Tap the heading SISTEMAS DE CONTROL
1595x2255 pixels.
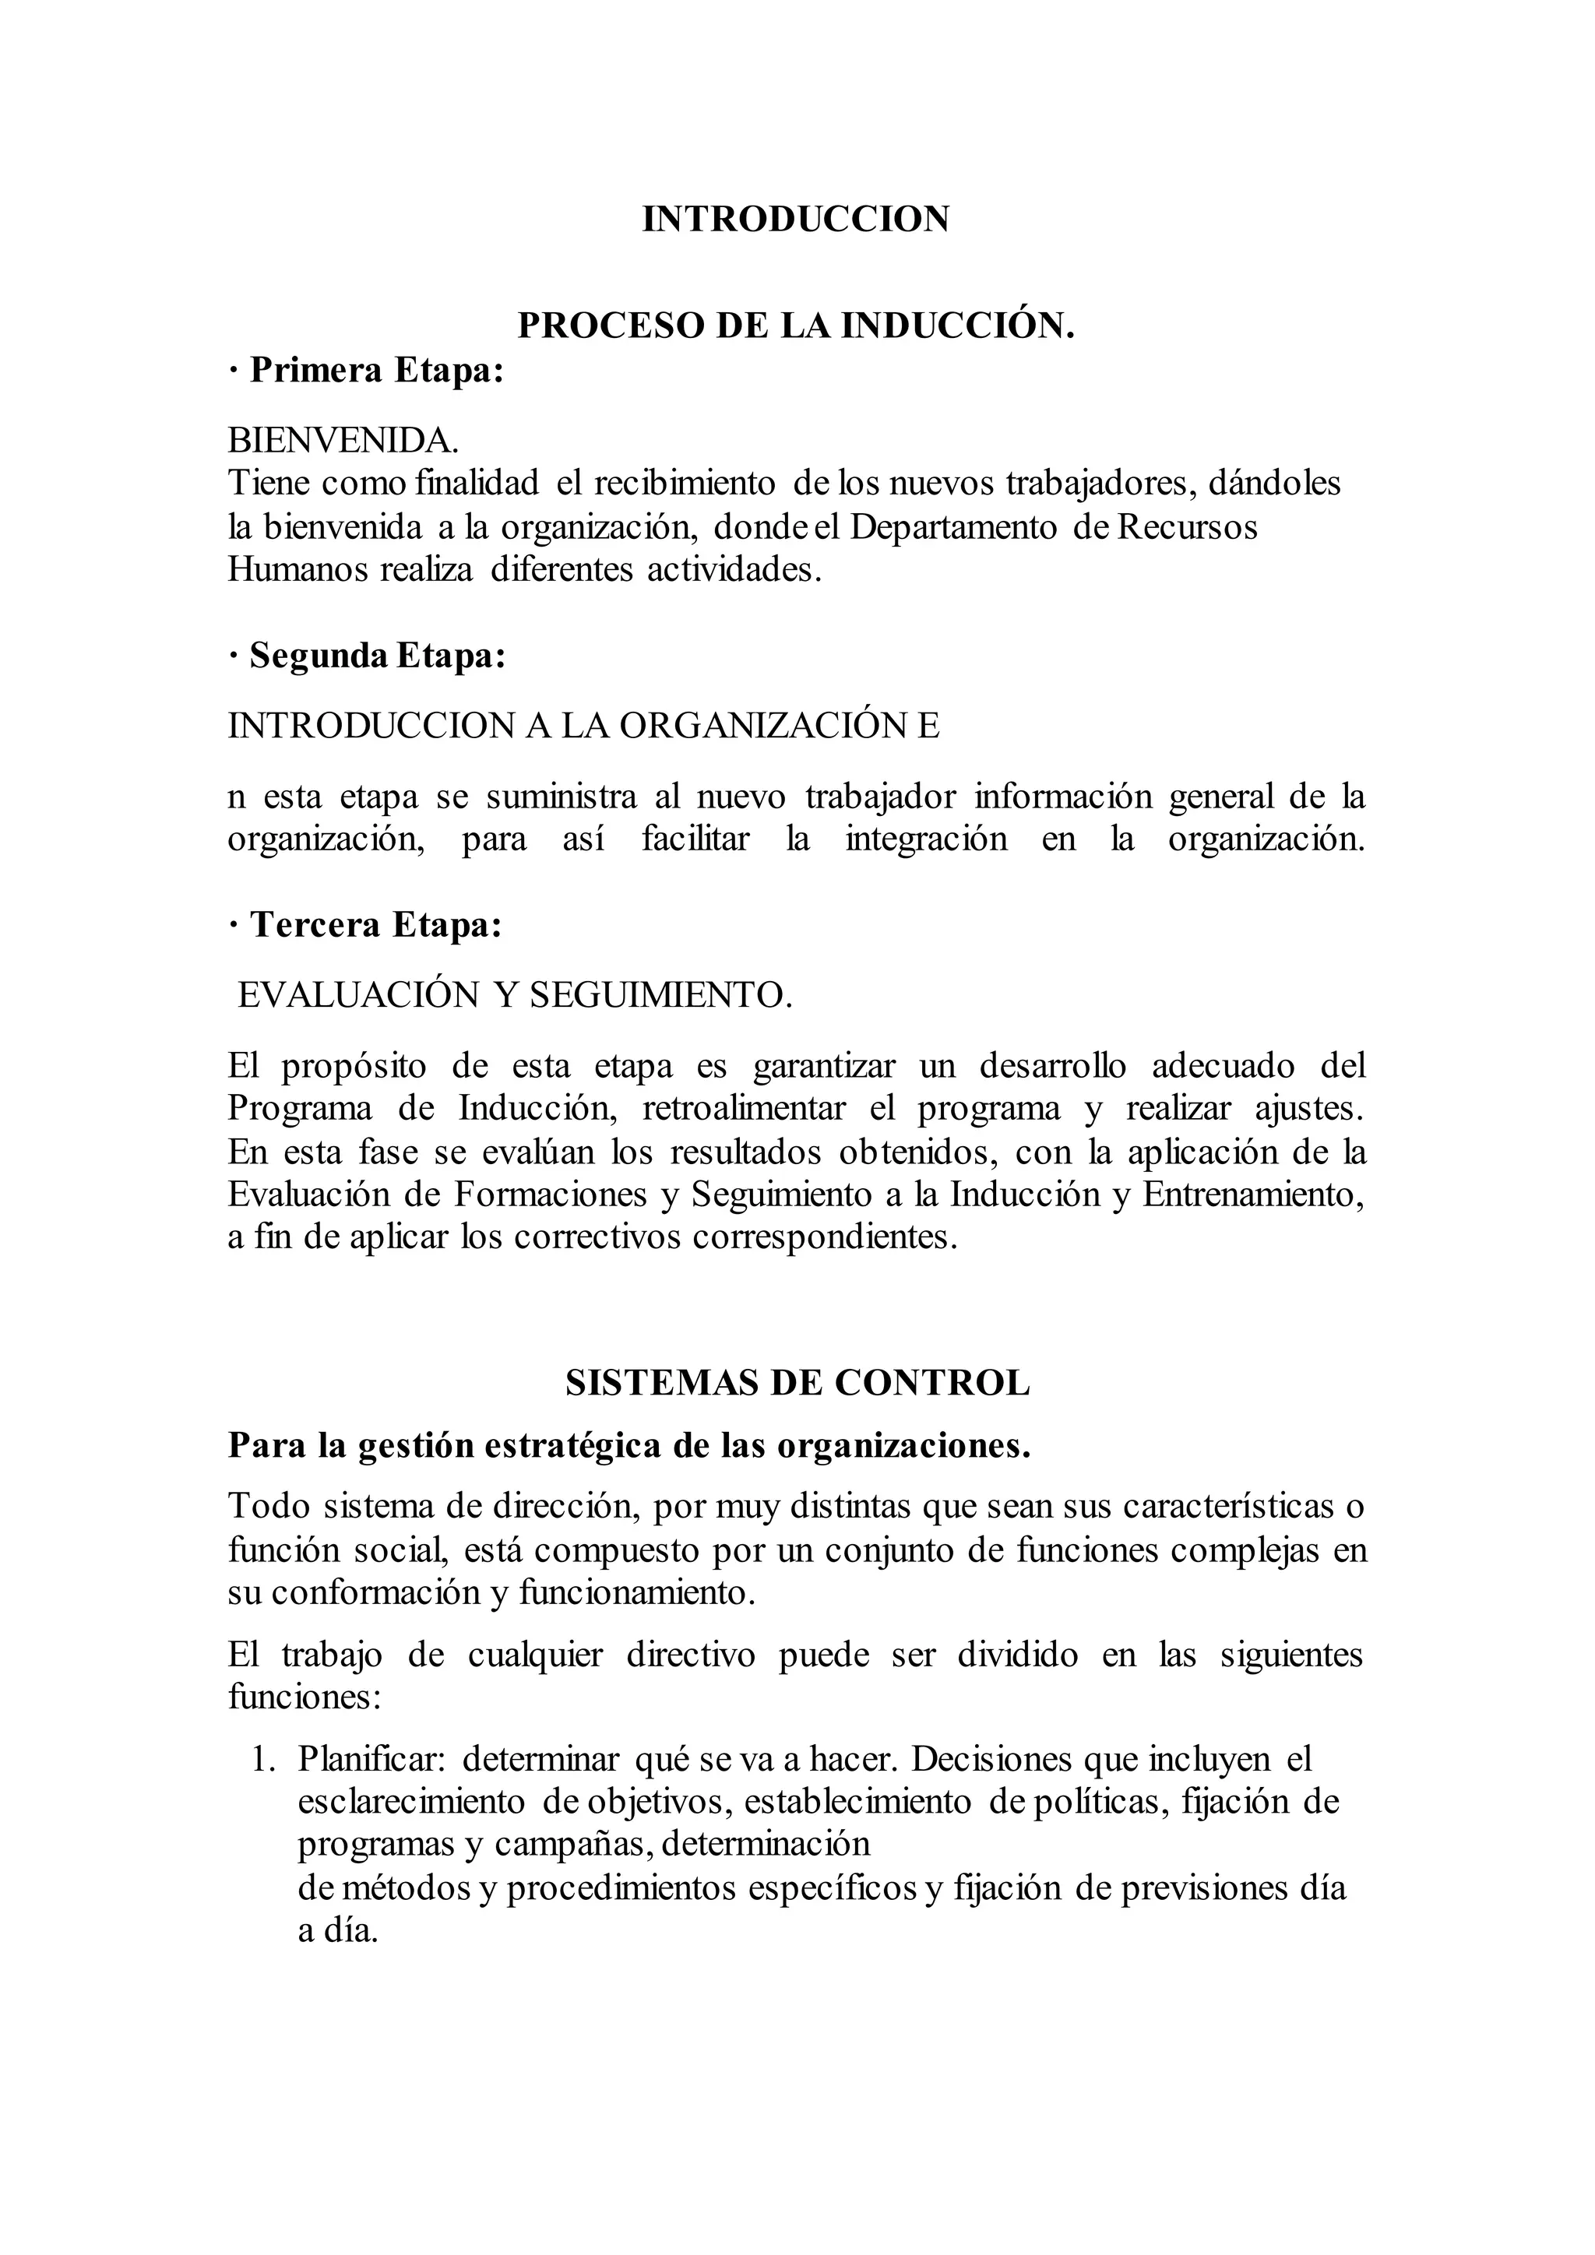click(x=797, y=1383)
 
